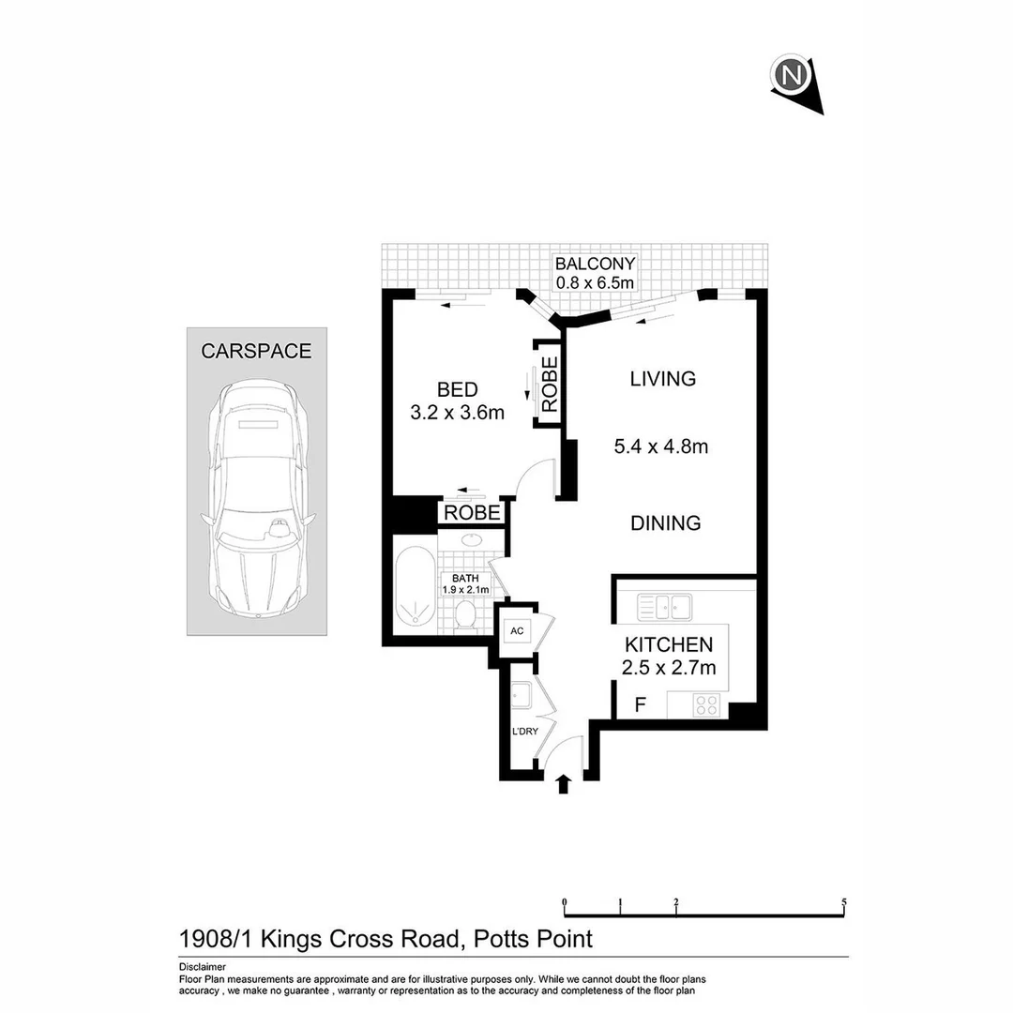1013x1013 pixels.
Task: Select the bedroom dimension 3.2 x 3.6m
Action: (x=458, y=412)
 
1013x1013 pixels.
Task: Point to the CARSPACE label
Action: (x=256, y=352)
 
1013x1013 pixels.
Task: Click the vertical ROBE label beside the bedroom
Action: (x=550, y=385)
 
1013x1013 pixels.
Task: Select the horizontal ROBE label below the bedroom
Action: (x=472, y=513)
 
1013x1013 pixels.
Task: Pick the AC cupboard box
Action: (x=516, y=631)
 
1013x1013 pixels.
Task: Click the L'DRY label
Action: (x=524, y=732)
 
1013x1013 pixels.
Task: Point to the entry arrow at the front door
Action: (x=563, y=783)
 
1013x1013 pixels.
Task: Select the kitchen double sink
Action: (x=664, y=608)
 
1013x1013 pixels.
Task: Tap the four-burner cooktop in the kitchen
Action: (x=705, y=705)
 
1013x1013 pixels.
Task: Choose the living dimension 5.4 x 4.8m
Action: (x=660, y=447)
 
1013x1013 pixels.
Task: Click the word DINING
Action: (x=665, y=522)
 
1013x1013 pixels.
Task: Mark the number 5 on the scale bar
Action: (x=844, y=902)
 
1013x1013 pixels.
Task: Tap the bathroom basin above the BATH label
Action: (x=472, y=541)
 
